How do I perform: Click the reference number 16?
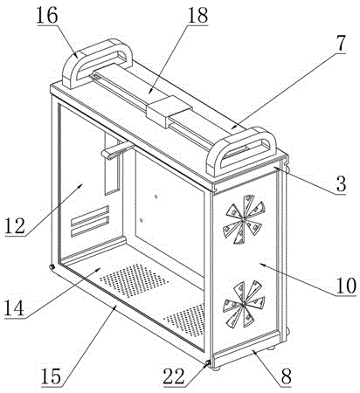pos(47,16)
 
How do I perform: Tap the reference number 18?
pos(197,15)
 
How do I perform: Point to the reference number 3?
pos(341,183)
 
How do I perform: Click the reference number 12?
pos(15,225)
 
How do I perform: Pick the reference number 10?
pos(345,285)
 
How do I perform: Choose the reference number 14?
pos(14,307)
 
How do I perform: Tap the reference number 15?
pos(52,376)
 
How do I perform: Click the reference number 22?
pos(174,376)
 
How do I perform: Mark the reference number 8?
pos(286,376)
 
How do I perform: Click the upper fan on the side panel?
pos(245,219)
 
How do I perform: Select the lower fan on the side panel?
pos(244,304)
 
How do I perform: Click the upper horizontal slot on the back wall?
pos(90,216)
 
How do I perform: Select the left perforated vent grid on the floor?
pos(133,280)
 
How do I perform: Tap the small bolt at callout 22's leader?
pos(208,362)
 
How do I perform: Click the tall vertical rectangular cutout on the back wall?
pos(112,164)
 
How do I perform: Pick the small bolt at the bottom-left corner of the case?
pos(52,267)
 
